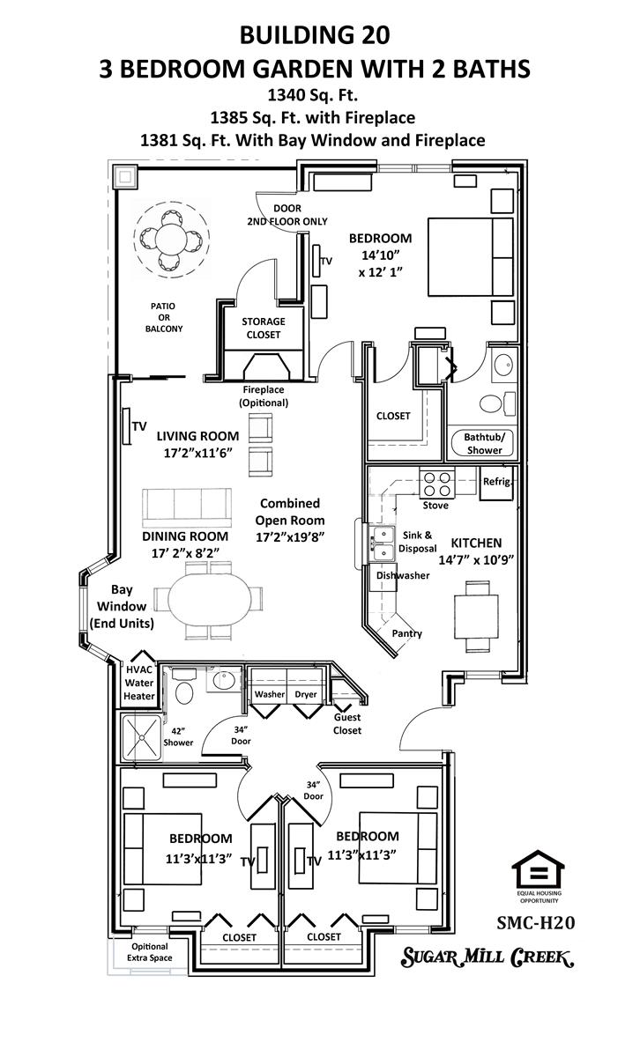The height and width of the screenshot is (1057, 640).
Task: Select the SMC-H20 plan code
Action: pos(536,923)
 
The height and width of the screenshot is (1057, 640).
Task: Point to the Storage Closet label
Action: pos(264,328)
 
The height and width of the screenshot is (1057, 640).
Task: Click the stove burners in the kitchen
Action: pos(437,484)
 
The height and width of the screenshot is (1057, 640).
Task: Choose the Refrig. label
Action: pos(497,481)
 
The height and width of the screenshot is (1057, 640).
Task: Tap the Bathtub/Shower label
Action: pos(484,444)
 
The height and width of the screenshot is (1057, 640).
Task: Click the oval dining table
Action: pos(210,600)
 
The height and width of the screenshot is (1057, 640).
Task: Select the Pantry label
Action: pos(406,633)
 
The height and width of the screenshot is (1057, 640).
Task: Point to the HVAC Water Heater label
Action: pos(139,683)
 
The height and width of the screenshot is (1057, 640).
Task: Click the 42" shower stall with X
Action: pos(142,737)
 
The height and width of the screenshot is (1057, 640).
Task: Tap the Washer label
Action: pos(269,694)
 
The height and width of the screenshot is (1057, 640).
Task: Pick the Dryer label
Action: pos(306,694)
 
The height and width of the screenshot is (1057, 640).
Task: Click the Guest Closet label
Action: pos(347,723)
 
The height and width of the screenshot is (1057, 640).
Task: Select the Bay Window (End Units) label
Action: pos(122,606)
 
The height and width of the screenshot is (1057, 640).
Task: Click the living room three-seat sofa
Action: pos(187,507)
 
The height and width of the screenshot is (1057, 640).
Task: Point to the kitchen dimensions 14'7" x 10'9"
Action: pos(476,560)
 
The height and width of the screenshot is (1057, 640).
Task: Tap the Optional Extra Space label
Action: pos(149,952)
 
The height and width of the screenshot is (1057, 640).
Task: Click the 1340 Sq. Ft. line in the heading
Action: pos(313,95)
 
